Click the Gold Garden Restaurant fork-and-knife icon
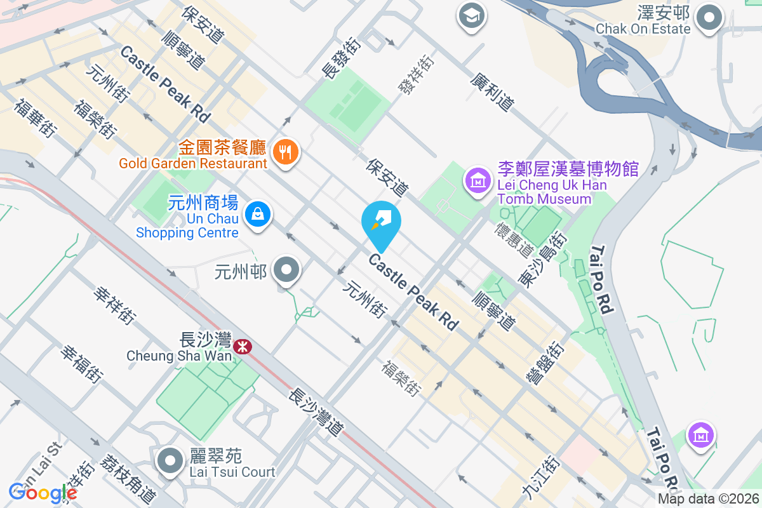point(286,152)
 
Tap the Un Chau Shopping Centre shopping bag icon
point(258,213)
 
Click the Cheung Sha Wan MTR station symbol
point(241,346)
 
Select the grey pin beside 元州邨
point(286,270)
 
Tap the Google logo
point(43,492)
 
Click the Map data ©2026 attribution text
point(707,499)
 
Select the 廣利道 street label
point(491,91)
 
